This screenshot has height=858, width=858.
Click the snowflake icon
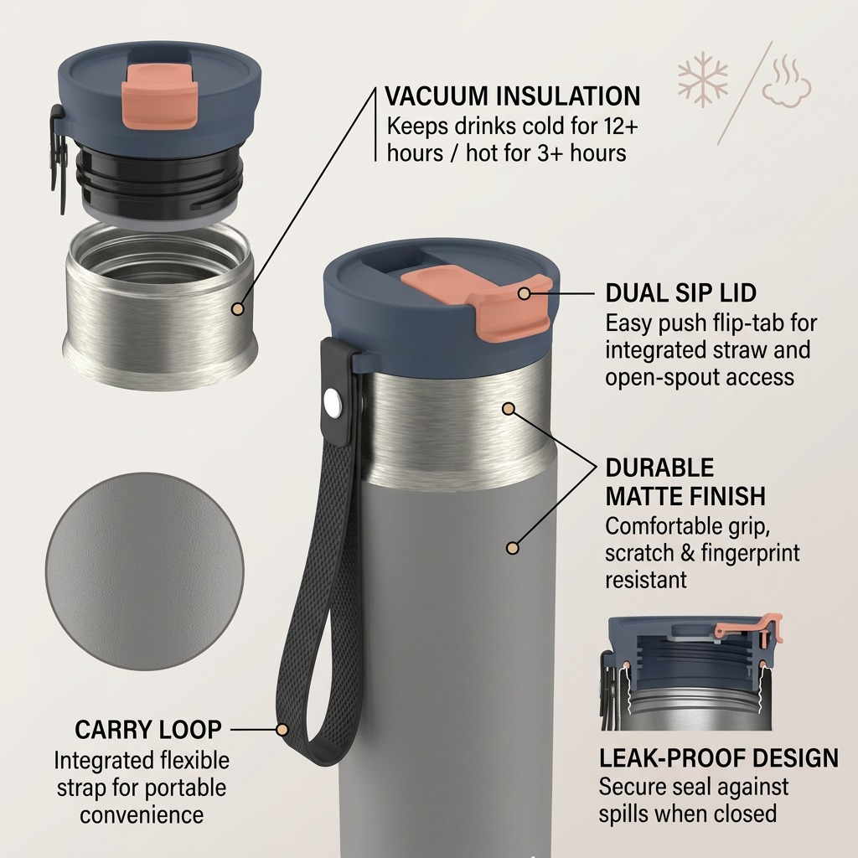pos(703,80)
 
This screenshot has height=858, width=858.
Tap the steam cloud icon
pos(786,80)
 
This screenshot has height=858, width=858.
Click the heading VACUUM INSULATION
pos(512,96)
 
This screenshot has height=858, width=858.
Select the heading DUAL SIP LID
pos(680,292)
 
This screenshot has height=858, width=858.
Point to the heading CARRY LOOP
pos(148,730)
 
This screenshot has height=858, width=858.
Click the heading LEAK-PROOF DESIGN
pos(718,757)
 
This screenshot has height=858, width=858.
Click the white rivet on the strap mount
pos(332,403)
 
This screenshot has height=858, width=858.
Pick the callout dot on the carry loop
pos(282,730)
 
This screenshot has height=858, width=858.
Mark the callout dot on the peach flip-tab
pos(524,293)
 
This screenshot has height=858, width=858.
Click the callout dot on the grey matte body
pos(512,548)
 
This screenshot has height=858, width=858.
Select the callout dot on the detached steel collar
pos(237,309)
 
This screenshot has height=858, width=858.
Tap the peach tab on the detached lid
pos(159,96)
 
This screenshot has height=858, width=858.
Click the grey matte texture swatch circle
pos(144,571)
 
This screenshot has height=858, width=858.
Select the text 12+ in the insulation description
pos(622,127)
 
